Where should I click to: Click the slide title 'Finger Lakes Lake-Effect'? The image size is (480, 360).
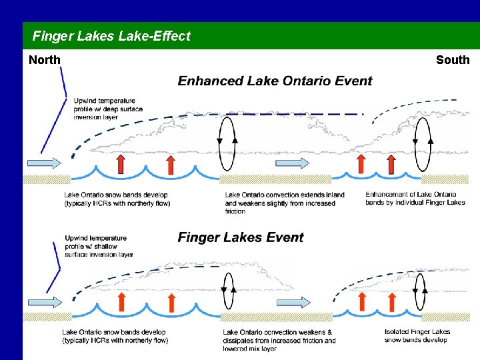point(111,36)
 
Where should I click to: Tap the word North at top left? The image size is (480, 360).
point(45,60)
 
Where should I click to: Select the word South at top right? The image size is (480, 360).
point(453,60)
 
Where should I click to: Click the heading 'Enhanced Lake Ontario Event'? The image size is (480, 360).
point(275,81)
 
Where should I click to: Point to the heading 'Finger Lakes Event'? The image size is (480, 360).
point(241,238)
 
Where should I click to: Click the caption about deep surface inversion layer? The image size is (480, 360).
point(108,109)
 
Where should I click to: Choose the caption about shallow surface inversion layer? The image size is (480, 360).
point(99,246)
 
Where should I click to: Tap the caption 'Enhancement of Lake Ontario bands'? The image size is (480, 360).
point(415,198)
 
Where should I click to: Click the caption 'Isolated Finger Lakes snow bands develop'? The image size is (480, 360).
point(417,336)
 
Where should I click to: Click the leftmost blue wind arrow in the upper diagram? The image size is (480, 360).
point(43,163)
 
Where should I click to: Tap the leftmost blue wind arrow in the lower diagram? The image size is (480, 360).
point(44,302)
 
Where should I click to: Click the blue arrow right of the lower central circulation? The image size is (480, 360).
point(291,302)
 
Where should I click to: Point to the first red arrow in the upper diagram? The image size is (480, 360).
point(121,164)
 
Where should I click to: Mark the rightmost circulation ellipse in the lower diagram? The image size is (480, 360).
point(420,289)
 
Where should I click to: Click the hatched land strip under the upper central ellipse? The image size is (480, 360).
point(275,179)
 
